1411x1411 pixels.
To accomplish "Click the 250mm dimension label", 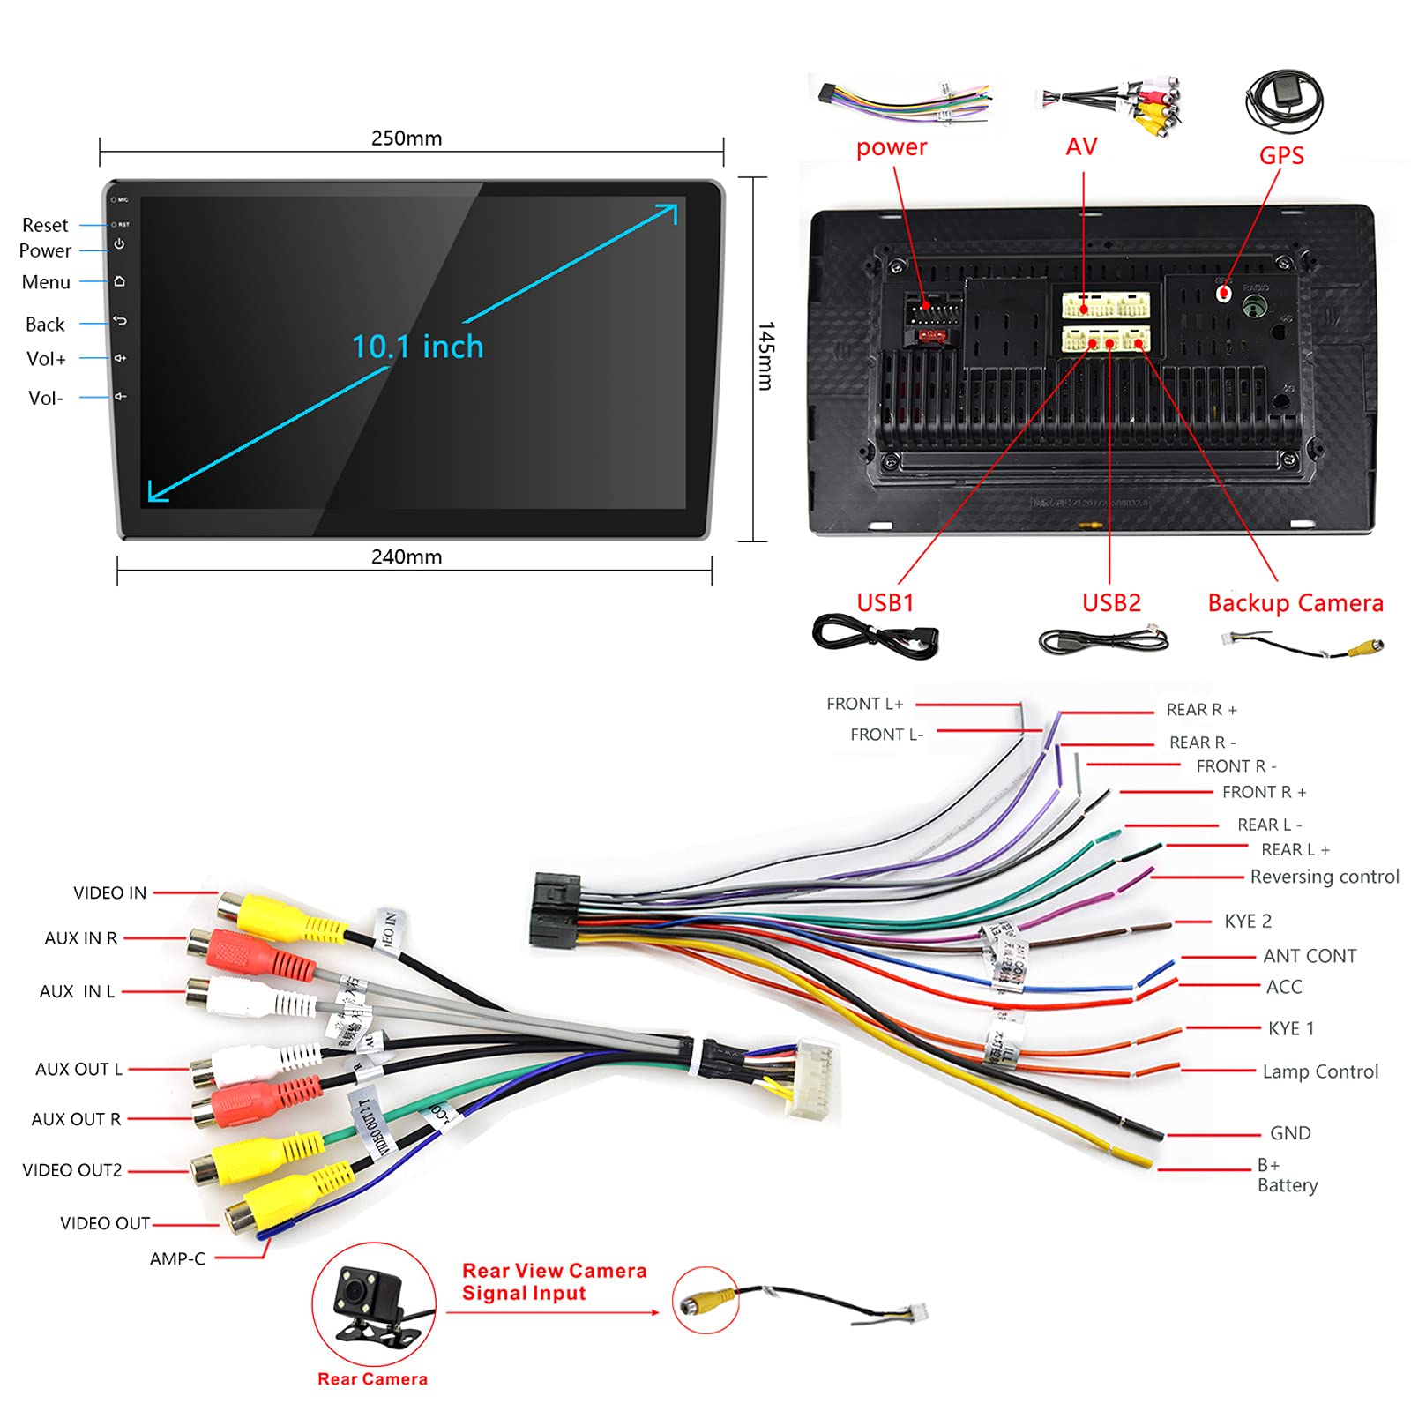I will pyautogui.click(x=407, y=138).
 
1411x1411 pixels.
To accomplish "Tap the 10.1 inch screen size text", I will pyautogui.click(x=417, y=347).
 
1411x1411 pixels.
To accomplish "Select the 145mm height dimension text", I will pyautogui.click(x=765, y=356).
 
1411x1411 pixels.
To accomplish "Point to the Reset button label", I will pyautogui.click(x=45, y=225).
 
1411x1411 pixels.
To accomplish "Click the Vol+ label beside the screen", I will pyautogui.click(x=46, y=359).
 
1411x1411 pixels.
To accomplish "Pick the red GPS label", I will pyautogui.click(x=1280, y=156).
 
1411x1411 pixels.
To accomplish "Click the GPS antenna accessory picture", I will pyautogui.click(x=1283, y=101).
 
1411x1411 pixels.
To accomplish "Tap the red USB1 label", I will pyautogui.click(x=885, y=603).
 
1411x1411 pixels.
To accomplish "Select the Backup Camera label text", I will pyautogui.click(x=1295, y=603).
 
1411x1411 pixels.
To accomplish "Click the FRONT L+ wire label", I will pyautogui.click(x=864, y=704).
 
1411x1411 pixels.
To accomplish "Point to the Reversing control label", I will pyautogui.click(x=1324, y=877).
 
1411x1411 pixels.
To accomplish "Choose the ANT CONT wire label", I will pyautogui.click(x=1310, y=956).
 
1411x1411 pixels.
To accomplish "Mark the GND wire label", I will pyautogui.click(x=1289, y=1133).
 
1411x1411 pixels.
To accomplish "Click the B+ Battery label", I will pyautogui.click(x=1287, y=1176).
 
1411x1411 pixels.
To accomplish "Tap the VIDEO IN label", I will pyautogui.click(x=109, y=893).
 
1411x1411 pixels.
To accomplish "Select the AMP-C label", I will pyautogui.click(x=177, y=1259).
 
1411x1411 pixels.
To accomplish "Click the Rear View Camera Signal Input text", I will pyautogui.click(x=554, y=1282).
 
